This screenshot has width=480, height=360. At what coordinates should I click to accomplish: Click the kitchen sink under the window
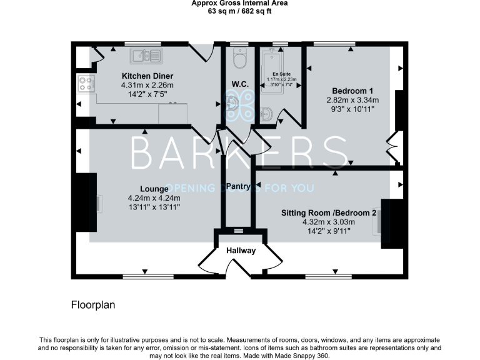[x=146, y=57]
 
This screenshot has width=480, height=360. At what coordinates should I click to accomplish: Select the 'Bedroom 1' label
[x=352, y=89]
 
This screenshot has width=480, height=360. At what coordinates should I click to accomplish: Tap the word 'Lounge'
[x=154, y=189]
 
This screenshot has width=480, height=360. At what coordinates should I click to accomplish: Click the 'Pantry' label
[x=238, y=186]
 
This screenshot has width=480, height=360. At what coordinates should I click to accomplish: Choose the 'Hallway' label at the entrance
[x=241, y=251]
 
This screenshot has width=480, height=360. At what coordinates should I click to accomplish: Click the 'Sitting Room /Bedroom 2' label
[x=329, y=212]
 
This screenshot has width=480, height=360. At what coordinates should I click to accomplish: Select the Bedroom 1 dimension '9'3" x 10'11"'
[x=352, y=109]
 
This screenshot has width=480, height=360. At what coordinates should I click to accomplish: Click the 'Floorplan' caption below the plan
[x=92, y=305]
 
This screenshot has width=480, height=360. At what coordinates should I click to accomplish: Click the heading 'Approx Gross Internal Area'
[x=240, y=3]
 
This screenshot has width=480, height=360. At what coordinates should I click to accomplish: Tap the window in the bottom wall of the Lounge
[x=144, y=276]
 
